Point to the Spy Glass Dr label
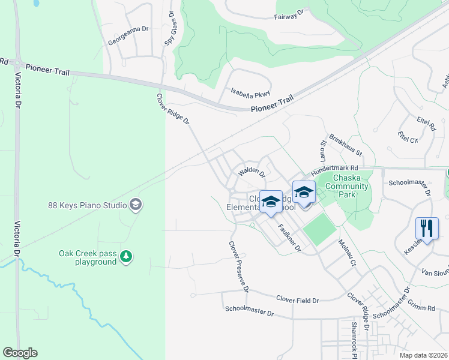click(x=170, y=29)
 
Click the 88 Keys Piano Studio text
click(x=87, y=205)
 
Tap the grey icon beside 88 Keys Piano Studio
click(x=136, y=205)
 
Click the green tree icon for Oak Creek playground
click(x=125, y=257)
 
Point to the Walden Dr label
click(x=252, y=173)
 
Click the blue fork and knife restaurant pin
click(x=427, y=228)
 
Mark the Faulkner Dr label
click(x=289, y=238)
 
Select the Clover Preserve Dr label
click(x=238, y=266)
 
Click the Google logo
click(x=20, y=353)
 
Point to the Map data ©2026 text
click(x=423, y=355)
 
